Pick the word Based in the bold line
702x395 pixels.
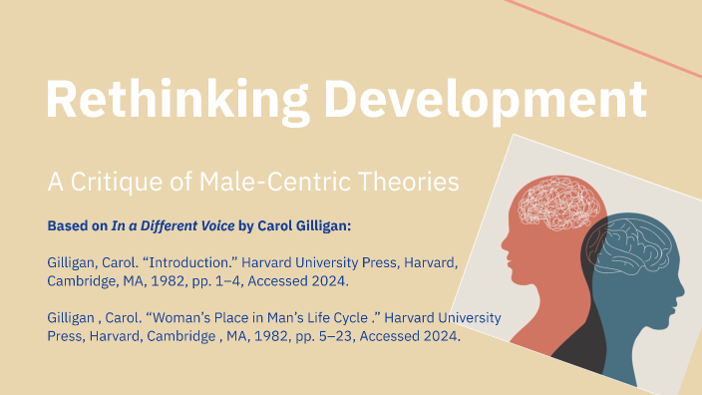point(67,225)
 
